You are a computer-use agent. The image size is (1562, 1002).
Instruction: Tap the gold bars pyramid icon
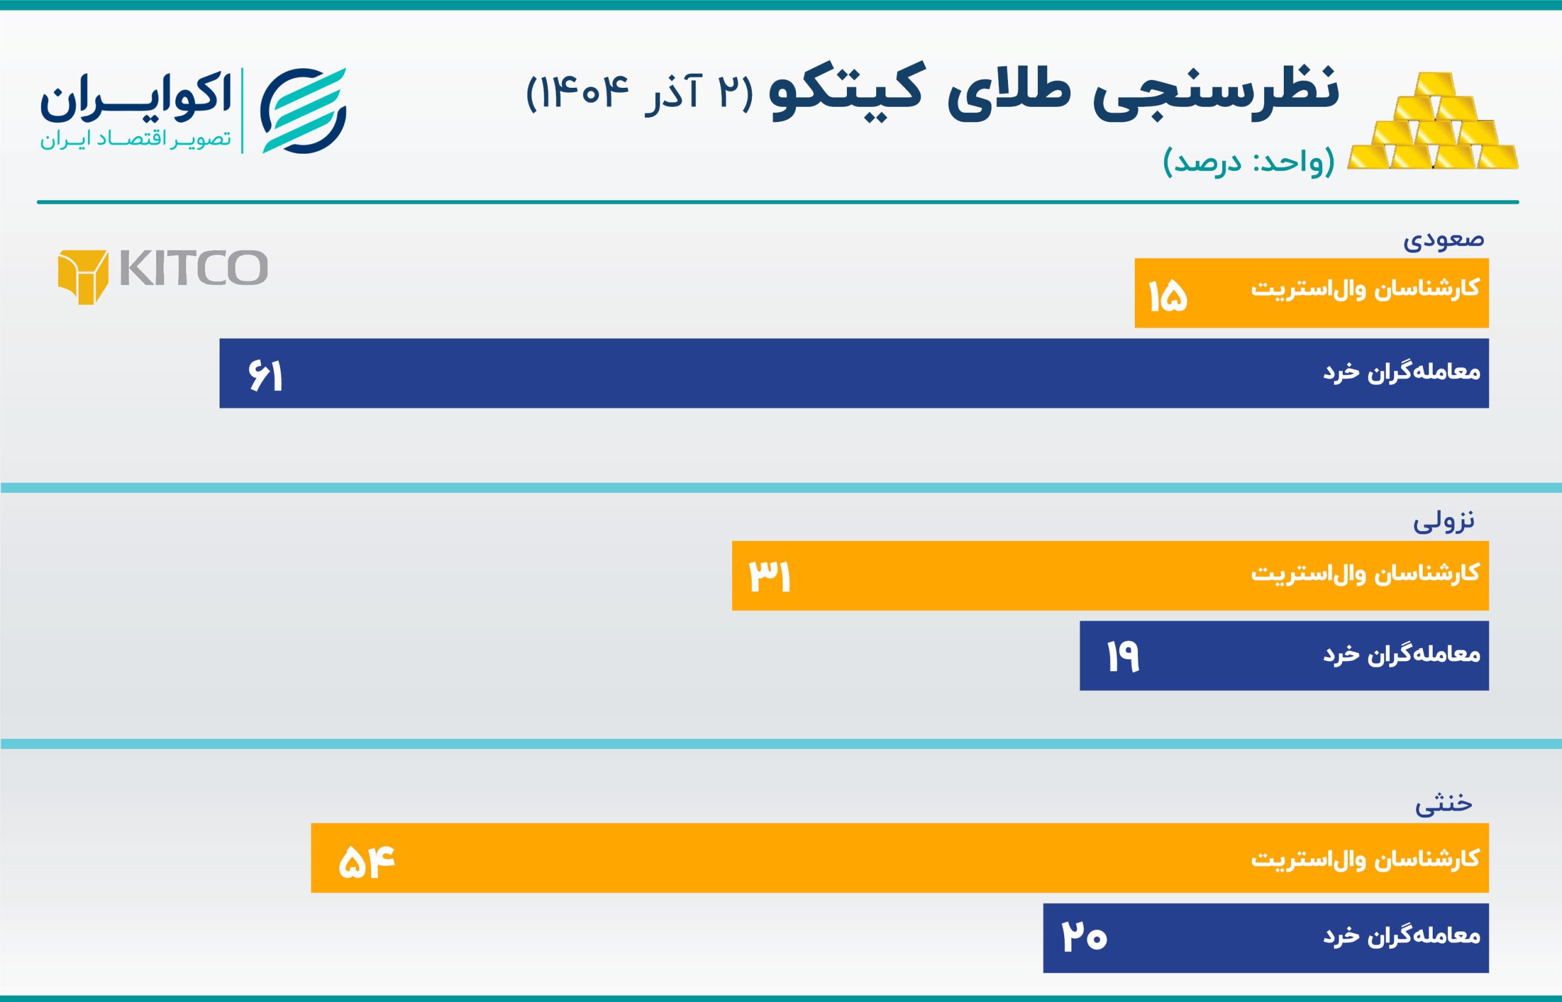(x=1433, y=124)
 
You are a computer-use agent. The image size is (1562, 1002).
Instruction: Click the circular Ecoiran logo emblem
(x=303, y=110)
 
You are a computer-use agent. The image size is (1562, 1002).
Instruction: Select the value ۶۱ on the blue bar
(x=265, y=376)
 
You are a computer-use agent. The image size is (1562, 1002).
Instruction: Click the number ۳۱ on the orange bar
(x=769, y=576)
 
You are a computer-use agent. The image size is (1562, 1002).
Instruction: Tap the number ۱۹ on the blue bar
(x=1123, y=656)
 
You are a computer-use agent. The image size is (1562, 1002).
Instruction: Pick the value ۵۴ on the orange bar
(x=367, y=862)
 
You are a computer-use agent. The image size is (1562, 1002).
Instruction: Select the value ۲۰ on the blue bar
(x=1084, y=937)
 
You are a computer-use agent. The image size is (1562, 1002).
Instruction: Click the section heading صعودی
(x=1444, y=240)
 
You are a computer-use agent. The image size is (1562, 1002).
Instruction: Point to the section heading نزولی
(x=1444, y=521)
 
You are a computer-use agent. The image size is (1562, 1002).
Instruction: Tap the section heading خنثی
(x=1444, y=804)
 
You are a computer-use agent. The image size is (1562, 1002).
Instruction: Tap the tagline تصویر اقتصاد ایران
(x=136, y=140)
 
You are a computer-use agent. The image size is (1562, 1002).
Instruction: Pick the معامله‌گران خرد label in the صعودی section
(x=1402, y=372)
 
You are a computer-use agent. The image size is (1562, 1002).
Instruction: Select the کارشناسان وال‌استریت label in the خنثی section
(x=1365, y=859)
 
